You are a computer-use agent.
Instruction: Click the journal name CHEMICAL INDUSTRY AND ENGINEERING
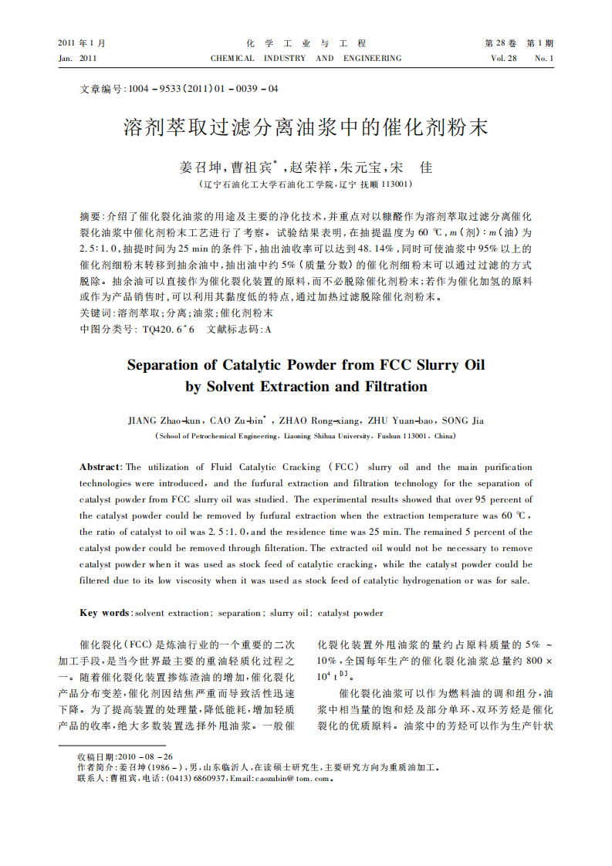click(306, 59)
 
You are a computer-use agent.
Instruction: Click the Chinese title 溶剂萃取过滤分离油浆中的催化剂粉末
click(306, 127)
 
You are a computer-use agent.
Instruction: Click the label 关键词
click(96, 314)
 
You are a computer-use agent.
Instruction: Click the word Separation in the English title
click(172, 364)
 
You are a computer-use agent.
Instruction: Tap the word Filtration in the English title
click(389, 386)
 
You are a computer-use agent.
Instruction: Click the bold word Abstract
click(100, 467)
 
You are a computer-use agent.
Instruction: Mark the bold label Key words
click(105, 613)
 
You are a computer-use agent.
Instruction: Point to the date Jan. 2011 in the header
click(77, 59)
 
